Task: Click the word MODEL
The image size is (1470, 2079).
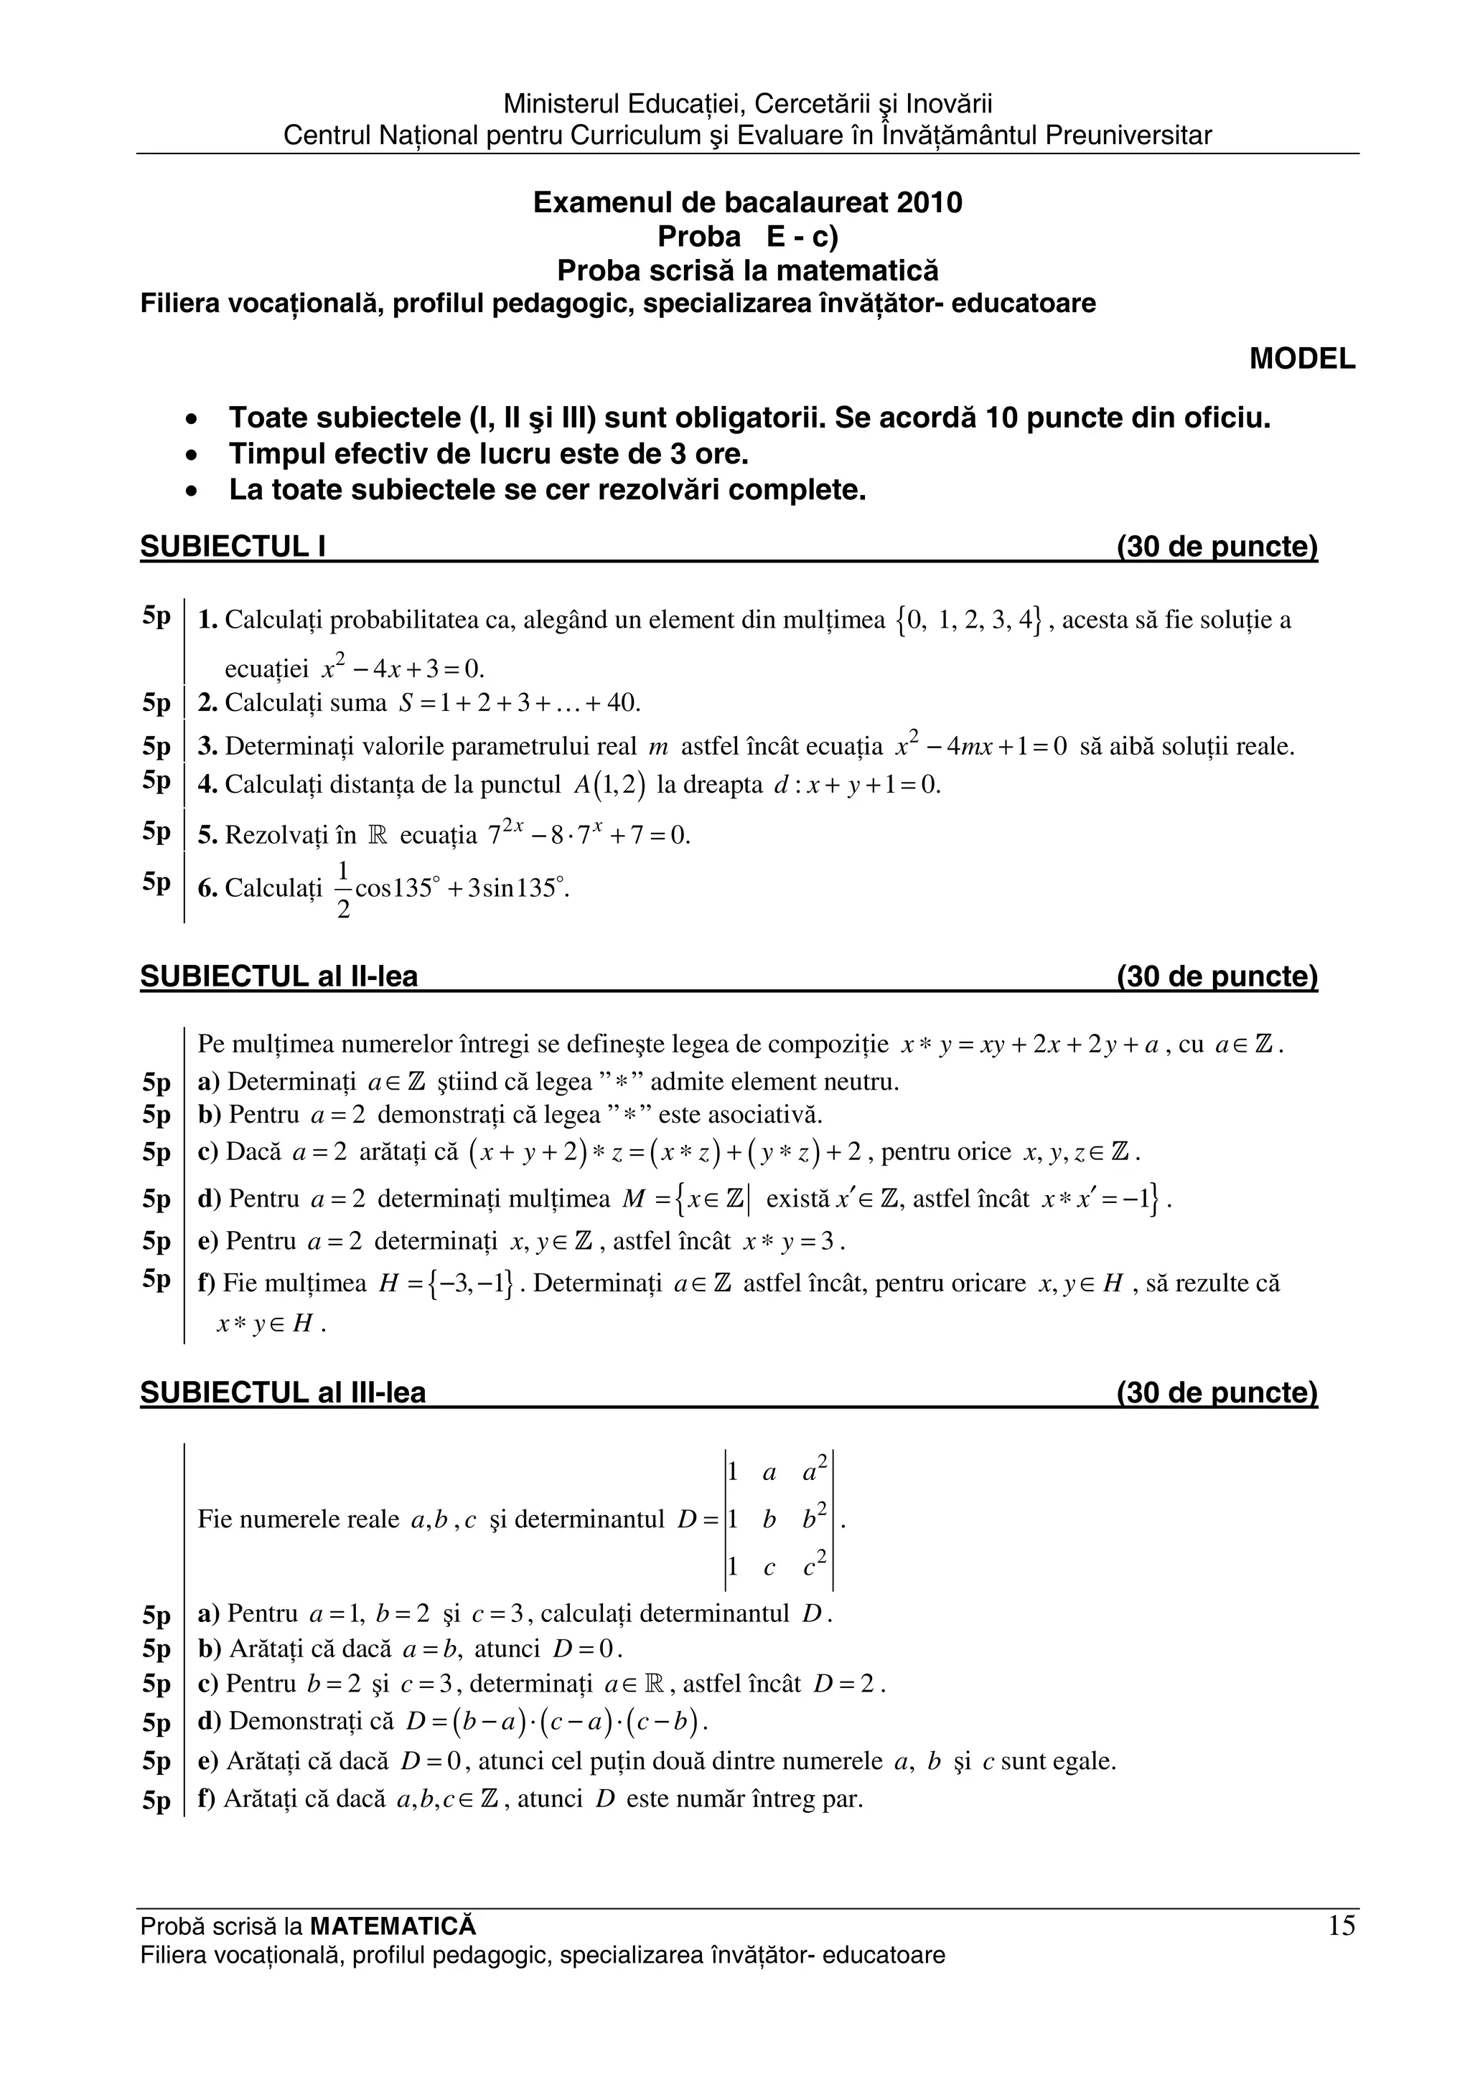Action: coord(1301,359)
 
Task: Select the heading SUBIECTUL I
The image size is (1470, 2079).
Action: coord(233,547)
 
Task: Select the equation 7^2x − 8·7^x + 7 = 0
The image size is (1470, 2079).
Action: coord(589,834)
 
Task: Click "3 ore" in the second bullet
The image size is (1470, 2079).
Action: coord(712,453)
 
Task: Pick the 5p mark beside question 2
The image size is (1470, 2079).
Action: coord(156,702)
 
